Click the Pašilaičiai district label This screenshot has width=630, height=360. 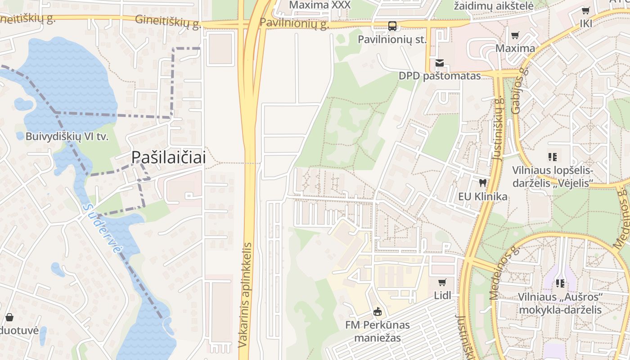[x=169, y=157]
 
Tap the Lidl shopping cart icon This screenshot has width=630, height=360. [x=442, y=282]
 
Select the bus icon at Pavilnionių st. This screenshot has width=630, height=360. [x=392, y=26]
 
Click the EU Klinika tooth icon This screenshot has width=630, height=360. [x=483, y=183]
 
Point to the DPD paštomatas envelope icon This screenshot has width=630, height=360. [x=440, y=63]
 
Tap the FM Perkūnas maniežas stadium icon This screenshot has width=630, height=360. [x=378, y=311]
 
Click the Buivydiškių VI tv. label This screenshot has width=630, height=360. [x=67, y=136]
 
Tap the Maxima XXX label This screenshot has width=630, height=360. [x=319, y=5]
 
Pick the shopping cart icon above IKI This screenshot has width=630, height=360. [x=585, y=10]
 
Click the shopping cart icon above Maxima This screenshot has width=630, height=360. [x=515, y=35]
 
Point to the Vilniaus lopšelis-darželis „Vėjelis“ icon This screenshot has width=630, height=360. [x=553, y=157]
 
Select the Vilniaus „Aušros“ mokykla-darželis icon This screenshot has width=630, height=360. [x=560, y=283]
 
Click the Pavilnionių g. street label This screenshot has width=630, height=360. [x=295, y=23]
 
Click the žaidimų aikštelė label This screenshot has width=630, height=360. [x=494, y=6]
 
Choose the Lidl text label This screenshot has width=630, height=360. [x=442, y=296]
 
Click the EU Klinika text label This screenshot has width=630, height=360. [x=483, y=197]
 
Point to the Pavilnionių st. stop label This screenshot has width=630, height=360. [x=392, y=40]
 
